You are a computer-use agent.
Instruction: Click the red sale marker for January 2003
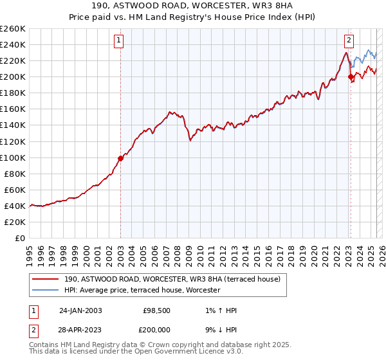[x=121, y=158]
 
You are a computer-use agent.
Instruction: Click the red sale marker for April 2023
[x=351, y=77]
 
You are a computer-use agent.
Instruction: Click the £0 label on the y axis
[x=21, y=238]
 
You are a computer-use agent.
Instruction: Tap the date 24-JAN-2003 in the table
[x=80, y=310]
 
